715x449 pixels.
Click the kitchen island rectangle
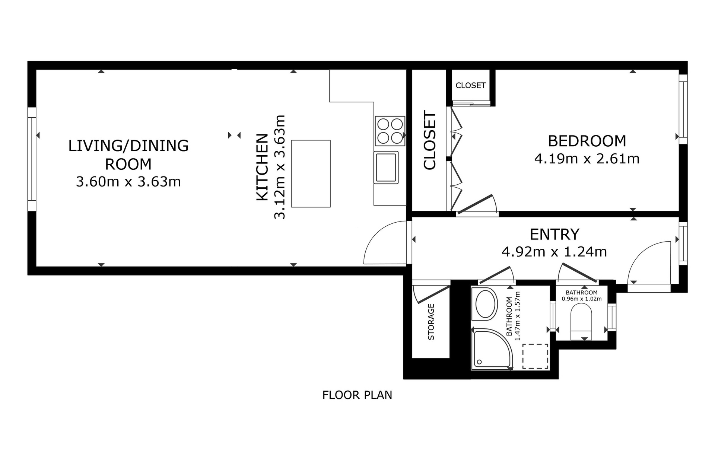pyautogui.click(x=311, y=173)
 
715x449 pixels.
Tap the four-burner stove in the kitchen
pyautogui.click(x=390, y=131)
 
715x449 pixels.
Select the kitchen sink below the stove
pyautogui.click(x=386, y=168)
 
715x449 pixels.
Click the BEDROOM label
pyautogui.click(x=587, y=141)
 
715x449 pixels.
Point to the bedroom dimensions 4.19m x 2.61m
pyautogui.click(x=587, y=159)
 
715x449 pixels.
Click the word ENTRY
pyautogui.click(x=554, y=235)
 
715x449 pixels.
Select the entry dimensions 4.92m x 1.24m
pyautogui.click(x=554, y=252)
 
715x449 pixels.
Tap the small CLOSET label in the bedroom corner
pyautogui.click(x=471, y=85)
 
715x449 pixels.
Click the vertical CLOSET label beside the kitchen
pyautogui.click(x=430, y=140)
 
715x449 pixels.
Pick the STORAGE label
pyautogui.click(x=431, y=322)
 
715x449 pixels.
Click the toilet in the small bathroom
pyautogui.click(x=581, y=321)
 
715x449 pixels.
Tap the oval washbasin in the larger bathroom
pyautogui.click(x=484, y=304)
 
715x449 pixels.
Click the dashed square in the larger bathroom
pyautogui.click(x=535, y=356)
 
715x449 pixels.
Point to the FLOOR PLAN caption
pyautogui.click(x=357, y=395)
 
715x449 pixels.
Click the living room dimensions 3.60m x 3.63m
pyautogui.click(x=128, y=182)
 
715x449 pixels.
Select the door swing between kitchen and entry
pyautogui.click(x=384, y=244)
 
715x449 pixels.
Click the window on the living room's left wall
pyautogui.click(x=32, y=159)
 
